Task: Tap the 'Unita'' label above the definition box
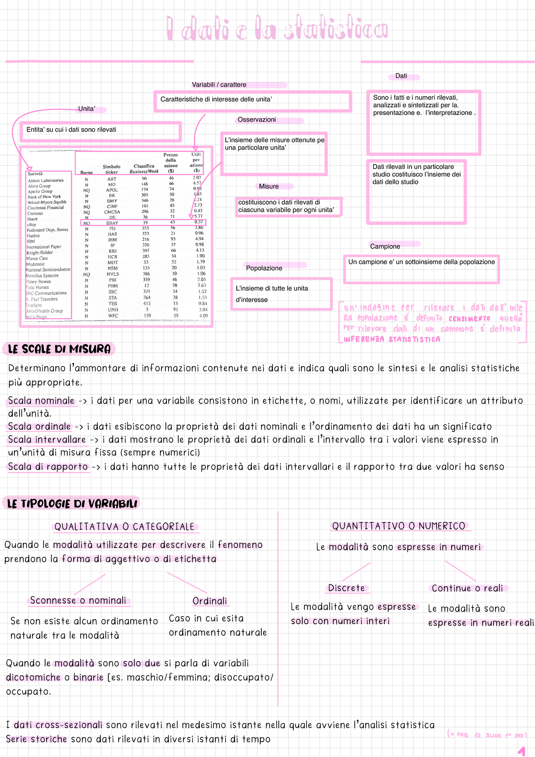pyautogui.click(x=87, y=109)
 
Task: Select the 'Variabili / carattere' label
pyautogui.click(x=219, y=85)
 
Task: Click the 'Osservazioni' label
pyautogui.click(x=257, y=120)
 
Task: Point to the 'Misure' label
pyautogui.click(x=269, y=186)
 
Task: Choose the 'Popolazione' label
pyautogui.click(x=264, y=268)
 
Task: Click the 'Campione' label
pyautogui.click(x=385, y=247)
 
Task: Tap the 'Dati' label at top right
pyautogui.click(x=401, y=76)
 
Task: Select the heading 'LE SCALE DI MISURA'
pyautogui.click(x=59, y=349)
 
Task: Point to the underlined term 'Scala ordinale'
pyautogui.click(x=40, y=427)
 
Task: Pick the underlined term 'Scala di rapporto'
pyautogui.click(x=48, y=467)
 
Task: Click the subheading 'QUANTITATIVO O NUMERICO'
pyautogui.click(x=399, y=526)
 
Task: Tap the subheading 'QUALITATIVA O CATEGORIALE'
pyautogui.click(x=125, y=527)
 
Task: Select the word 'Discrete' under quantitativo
pyautogui.click(x=346, y=588)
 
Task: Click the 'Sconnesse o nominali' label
pyautogui.click(x=78, y=601)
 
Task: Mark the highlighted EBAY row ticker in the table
pyautogui.click(x=112, y=223)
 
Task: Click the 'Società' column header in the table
pyautogui.click(x=35, y=174)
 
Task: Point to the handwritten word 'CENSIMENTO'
pyautogui.click(x=469, y=319)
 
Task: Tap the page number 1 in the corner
pyautogui.click(x=522, y=751)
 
